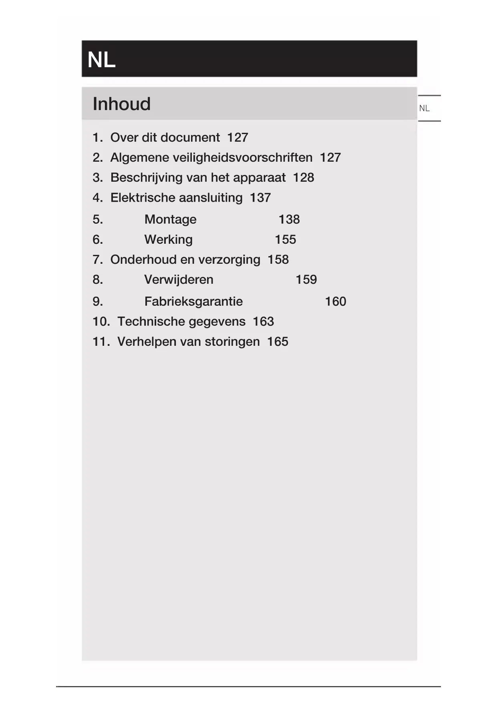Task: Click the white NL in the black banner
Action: coord(101,60)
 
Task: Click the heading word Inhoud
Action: coord(121,104)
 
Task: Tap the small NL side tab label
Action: coord(424,108)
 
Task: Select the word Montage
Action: coord(170,219)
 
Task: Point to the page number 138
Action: coord(289,219)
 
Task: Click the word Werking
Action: coord(168,239)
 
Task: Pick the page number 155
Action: coord(285,239)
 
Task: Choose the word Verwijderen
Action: coord(179,279)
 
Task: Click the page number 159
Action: coord(306,279)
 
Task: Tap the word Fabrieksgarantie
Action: coord(193,301)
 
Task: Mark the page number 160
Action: coord(335,301)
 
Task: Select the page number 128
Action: coord(303,177)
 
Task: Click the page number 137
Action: coord(260,197)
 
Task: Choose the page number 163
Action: coord(263,321)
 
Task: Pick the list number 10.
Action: coord(101,321)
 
